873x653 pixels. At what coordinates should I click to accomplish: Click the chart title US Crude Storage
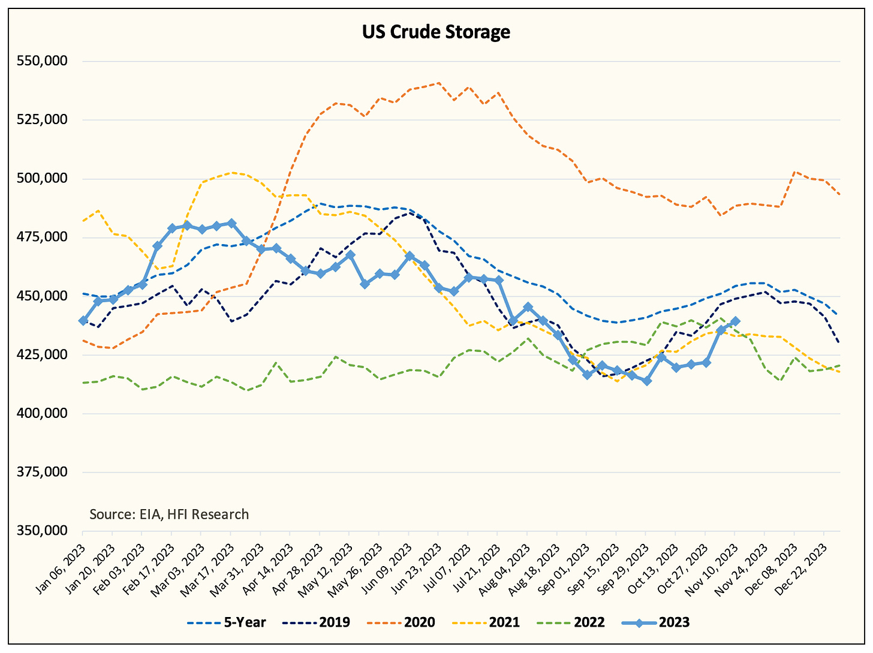436,32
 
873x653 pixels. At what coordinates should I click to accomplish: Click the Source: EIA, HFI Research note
169,514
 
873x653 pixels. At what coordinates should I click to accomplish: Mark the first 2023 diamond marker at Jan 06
83,321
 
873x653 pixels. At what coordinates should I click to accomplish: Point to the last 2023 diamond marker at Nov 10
735,321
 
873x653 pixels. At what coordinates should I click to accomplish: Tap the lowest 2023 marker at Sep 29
646,381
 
